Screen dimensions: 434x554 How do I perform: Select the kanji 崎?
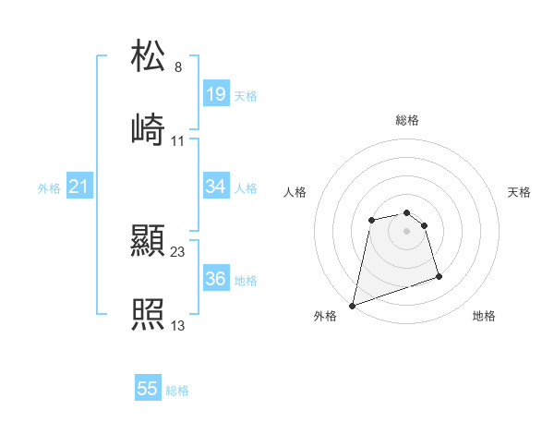(149, 129)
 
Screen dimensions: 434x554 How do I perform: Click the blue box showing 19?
(216, 93)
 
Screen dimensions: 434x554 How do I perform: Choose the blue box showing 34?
(216, 187)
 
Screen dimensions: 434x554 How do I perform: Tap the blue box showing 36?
(216, 279)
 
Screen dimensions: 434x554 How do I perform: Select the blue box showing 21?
(79, 187)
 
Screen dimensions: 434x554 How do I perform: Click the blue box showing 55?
(148, 389)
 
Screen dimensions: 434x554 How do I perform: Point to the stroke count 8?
(178, 67)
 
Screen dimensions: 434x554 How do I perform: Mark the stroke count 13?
(178, 325)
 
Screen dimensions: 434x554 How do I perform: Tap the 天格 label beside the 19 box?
(246, 95)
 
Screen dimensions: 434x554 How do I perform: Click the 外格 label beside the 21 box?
(49, 187)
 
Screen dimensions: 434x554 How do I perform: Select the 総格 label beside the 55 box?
(177, 391)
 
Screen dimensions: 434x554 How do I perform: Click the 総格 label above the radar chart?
(407, 120)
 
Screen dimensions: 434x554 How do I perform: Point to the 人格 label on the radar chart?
(295, 192)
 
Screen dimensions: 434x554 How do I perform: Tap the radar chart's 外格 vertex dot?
(353, 305)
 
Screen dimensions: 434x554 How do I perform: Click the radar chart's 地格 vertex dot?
(439, 276)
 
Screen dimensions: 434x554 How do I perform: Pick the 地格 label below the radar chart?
(484, 316)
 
